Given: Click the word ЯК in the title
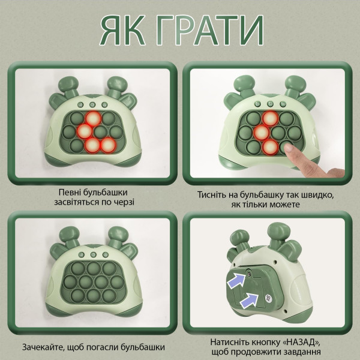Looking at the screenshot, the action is click(x=122, y=30).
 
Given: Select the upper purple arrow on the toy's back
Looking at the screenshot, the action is click(x=237, y=280).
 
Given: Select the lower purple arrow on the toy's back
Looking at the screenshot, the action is click(x=250, y=300).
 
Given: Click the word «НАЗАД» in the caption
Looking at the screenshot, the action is click(x=301, y=342).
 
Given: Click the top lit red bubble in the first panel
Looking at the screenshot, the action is click(x=93, y=118).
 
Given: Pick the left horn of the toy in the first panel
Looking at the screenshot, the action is click(x=67, y=86).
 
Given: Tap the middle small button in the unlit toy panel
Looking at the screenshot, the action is click(x=93, y=254).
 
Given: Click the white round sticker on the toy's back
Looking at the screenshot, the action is click(x=268, y=298).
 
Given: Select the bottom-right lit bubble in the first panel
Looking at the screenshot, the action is click(x=108, y=145).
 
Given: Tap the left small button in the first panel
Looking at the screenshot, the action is click(x=80, y=105).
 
